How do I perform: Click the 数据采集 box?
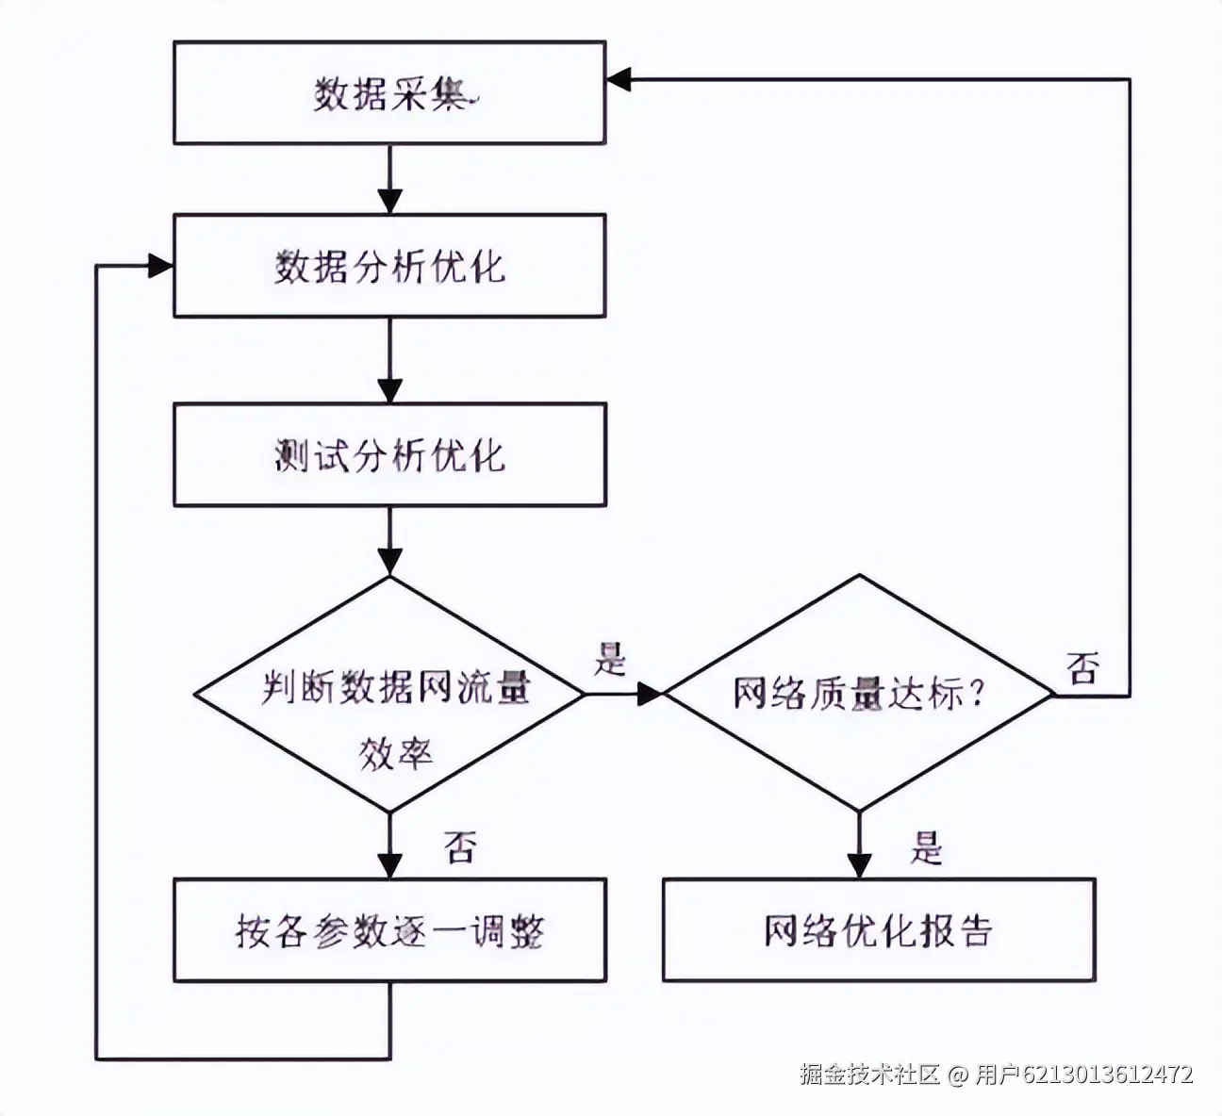pos(388,93)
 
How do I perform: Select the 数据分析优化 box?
pos(388,267)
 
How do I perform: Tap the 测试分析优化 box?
pos(388,455)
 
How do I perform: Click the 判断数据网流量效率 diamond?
pos(388,695)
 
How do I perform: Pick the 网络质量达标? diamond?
pos(858,695)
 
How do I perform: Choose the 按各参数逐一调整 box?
pos(388,931)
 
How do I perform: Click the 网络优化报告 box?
pos(878,931)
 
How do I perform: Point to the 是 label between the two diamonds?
pos(610,659)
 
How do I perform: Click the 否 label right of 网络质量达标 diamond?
pos(1082,668)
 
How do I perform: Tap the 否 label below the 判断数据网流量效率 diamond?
pos(460,846)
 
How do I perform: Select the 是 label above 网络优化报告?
pos(926,848)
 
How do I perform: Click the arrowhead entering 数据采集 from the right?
pos(619,80)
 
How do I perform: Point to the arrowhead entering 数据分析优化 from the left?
pos(160,267)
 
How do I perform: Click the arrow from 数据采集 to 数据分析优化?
pos(388,179)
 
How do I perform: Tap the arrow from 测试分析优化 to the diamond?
pos(388,541)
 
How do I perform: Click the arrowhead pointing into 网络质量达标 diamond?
pos(651,695)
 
